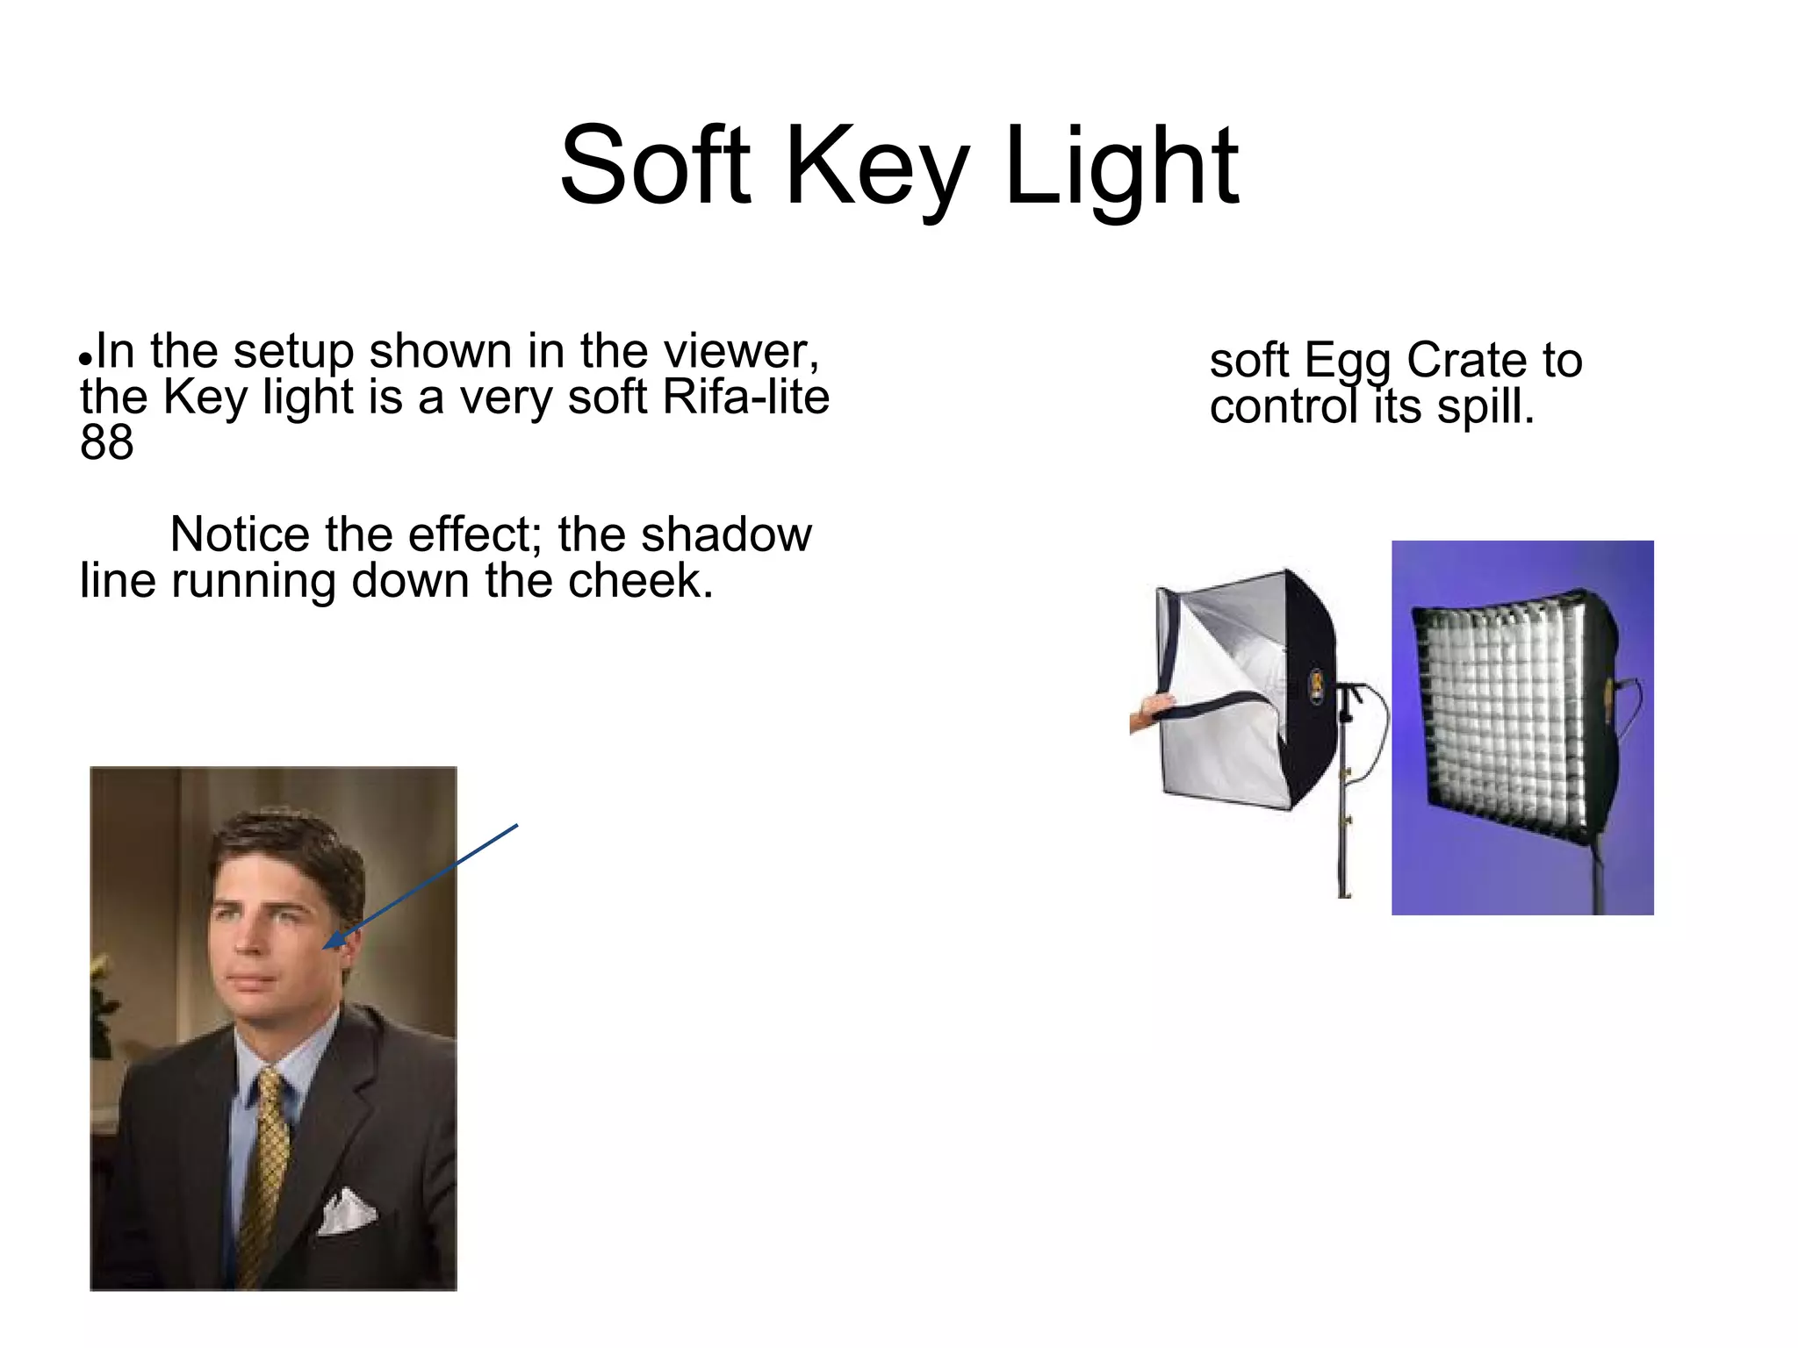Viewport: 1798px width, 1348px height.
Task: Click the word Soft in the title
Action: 655,167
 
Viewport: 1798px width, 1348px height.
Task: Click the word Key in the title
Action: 877,171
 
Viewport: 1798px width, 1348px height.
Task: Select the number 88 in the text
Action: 106,442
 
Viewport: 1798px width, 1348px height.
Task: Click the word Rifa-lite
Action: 745,397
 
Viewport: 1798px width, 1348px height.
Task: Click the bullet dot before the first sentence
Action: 85,360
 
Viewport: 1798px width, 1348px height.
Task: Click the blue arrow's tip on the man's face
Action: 327,946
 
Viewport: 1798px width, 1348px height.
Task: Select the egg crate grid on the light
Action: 1506,715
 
